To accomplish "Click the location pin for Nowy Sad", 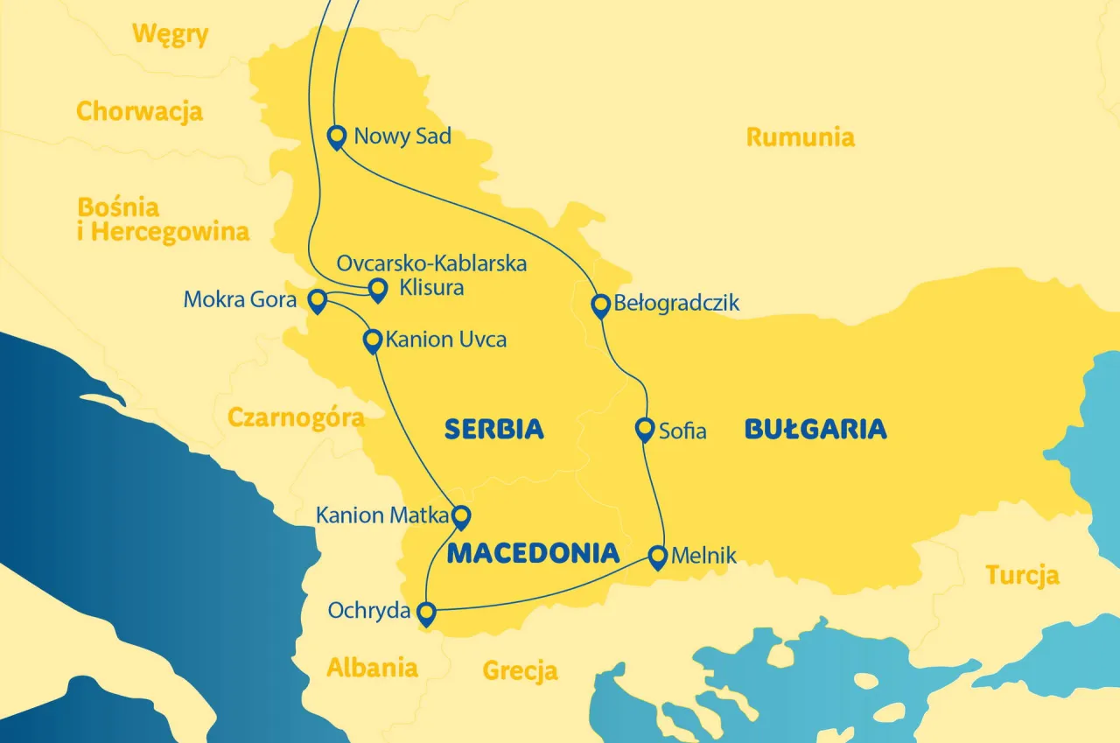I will click(x=336, y=137).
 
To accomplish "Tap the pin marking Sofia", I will click(x=644, y=429).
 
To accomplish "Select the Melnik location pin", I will click(x=658, y=556).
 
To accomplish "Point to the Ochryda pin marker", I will click(x=426, y=612).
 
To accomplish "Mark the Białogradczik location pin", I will click(x=600, y=305).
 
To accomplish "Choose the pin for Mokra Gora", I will click(x=318, y=300).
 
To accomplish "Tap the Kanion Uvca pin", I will click(x=373, y=339).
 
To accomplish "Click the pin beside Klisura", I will click(x=377, y=288).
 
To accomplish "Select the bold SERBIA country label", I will click(x=494, y=429).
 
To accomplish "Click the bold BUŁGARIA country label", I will click(x=815, y=429).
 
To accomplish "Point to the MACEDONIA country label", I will click(x=533, y=553).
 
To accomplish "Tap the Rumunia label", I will click(x=800, y=137).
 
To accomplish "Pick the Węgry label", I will click(x=170, y=35).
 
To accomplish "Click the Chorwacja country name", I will click(x=139, y=112).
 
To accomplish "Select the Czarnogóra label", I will click(x=296, y=417).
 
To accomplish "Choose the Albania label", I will click(x=372, y=668).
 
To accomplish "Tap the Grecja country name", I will click(x=520, y=671).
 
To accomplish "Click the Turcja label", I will click(x=1022, y=575).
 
